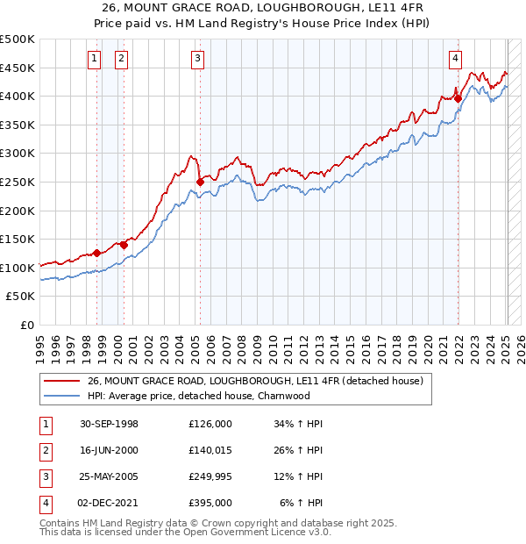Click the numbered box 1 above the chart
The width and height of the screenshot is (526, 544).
tap(94, 59)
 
